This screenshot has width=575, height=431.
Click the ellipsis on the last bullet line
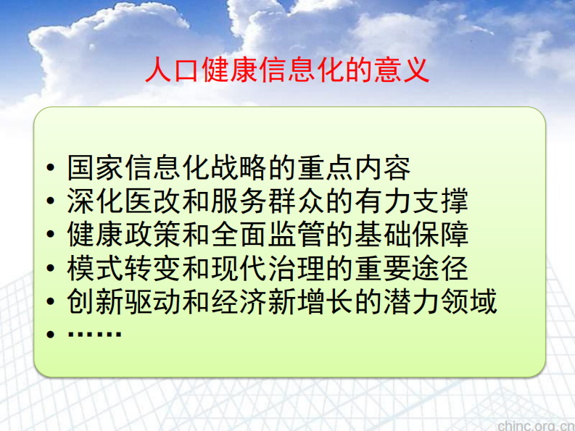click(94, 335)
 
